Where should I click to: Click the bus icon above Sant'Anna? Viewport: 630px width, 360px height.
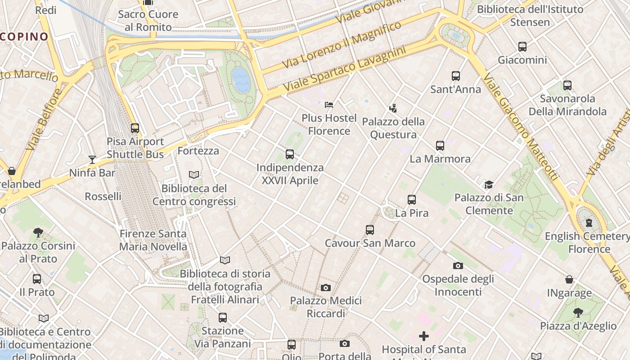pos(455,76)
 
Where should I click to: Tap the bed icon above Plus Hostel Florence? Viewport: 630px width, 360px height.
pos(329,105)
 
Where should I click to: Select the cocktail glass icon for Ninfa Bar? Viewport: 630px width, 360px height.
pos(92,159)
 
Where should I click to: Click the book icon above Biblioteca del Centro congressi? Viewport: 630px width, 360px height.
pos(194,175)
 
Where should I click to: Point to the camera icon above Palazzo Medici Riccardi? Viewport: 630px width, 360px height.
pos(326,288)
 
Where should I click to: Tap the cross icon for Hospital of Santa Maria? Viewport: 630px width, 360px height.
pos(423,336)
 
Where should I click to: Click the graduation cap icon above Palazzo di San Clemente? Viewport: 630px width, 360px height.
pos(489,184)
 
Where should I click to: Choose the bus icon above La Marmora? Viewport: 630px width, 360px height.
pos(440,145)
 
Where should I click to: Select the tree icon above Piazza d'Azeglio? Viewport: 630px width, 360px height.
pos(578,312)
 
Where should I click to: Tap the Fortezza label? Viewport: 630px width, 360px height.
pos(198,151)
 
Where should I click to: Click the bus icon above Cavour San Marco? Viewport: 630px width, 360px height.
pos(370,230)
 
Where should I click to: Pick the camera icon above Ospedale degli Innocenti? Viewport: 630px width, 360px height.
pos(458,265)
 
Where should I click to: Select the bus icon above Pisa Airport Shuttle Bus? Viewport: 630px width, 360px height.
pos(135,128)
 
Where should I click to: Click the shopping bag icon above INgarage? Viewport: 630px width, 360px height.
pos(569,279)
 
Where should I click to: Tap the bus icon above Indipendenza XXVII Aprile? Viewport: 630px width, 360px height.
pos(290,154)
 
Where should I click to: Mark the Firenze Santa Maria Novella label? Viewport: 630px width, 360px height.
pos(153,240)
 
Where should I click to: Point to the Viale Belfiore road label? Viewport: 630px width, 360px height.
pos(43,120)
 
